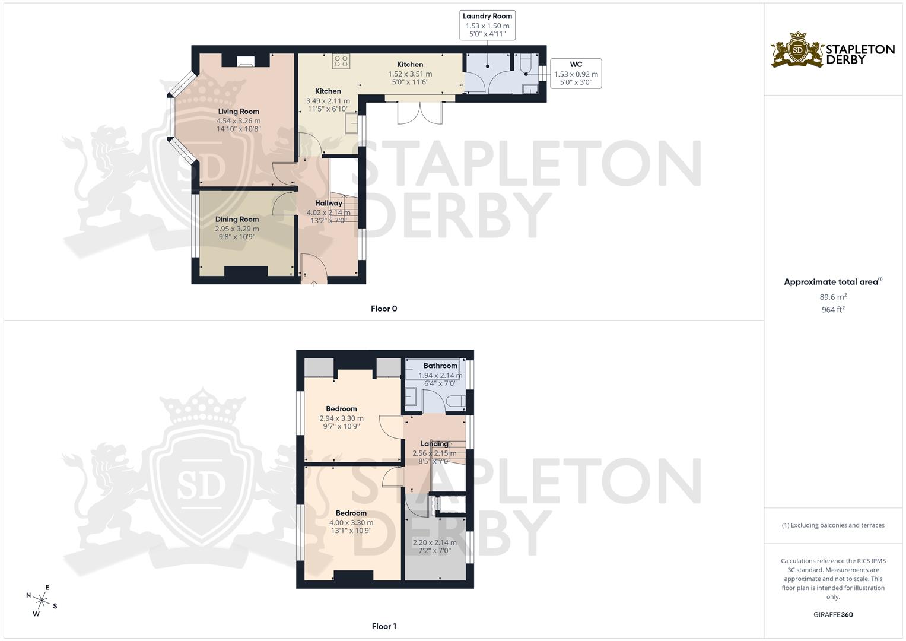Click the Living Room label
pos(239,112)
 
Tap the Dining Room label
pos(237,219)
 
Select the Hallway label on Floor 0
pos(329,203)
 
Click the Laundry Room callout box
pos(487,25)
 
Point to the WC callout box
pos(576,74)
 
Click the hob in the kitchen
pos(341,61)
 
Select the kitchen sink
pos(351,123)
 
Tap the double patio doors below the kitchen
pos(420,113)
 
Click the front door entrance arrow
pos(314,281)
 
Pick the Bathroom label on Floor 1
pos(440,366)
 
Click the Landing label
pos(434,443)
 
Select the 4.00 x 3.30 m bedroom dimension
pos(351,523)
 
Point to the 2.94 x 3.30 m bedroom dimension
pos(341,418)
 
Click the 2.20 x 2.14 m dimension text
pos(434,542)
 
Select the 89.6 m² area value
pos(833,297)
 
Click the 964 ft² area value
pos(833,310)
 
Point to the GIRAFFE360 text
pos(832,615)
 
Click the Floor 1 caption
pos(384,626)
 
